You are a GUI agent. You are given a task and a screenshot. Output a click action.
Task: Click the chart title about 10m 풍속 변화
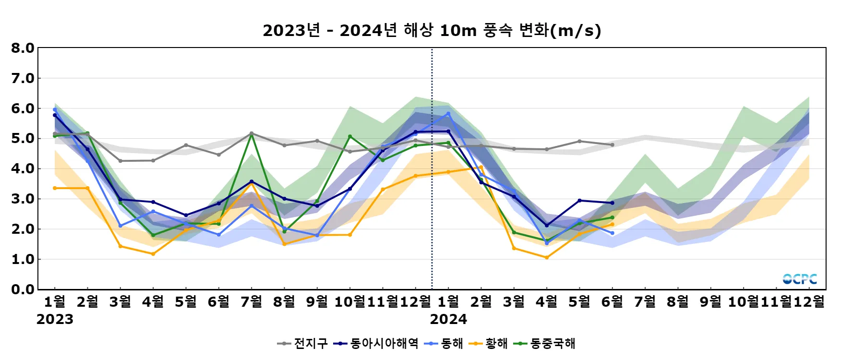(432, 30)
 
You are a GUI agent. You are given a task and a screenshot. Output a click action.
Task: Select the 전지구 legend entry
(303, 344)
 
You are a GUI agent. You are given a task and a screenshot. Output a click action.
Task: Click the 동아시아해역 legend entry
(376, 344)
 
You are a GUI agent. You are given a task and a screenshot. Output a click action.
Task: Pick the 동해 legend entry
(444, 344)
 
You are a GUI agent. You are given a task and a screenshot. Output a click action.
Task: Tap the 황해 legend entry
(489, 344)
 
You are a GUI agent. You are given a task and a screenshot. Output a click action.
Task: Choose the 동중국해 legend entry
(545, 344)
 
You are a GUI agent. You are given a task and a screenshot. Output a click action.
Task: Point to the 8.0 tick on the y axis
(23, 48)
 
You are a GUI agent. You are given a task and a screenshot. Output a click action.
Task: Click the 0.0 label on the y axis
(23, 289)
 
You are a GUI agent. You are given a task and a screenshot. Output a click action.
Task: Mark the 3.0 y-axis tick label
(23, 199)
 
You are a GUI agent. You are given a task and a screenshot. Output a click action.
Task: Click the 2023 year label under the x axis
(55, 319)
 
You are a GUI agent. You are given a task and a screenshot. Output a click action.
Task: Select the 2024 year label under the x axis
(448, 319)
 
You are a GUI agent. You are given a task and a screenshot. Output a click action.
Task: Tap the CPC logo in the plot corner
(800, 279)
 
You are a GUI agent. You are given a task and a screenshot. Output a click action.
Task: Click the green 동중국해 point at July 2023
(252, 134)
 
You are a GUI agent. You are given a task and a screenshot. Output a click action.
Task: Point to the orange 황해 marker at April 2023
(153, 254)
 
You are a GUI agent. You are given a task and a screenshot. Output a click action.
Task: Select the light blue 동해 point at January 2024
(448, 114)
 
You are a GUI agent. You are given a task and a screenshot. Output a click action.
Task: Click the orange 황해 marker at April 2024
(547, 258)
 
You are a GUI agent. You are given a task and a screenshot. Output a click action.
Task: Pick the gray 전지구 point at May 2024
(579, 141)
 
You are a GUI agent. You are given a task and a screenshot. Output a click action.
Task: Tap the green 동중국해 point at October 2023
(350, 136)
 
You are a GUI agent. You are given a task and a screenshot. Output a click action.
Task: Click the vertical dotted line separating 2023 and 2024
(432, 168)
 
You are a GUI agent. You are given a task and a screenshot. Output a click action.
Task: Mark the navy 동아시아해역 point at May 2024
(579, 201)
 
